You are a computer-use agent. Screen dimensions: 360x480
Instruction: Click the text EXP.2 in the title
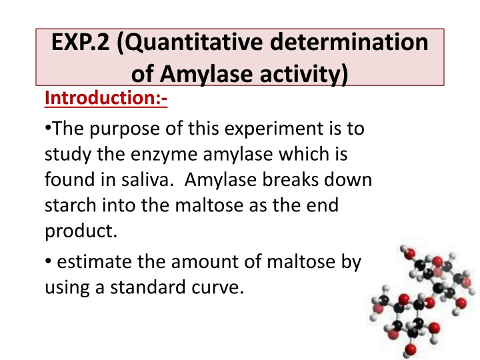tap(79, 45)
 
